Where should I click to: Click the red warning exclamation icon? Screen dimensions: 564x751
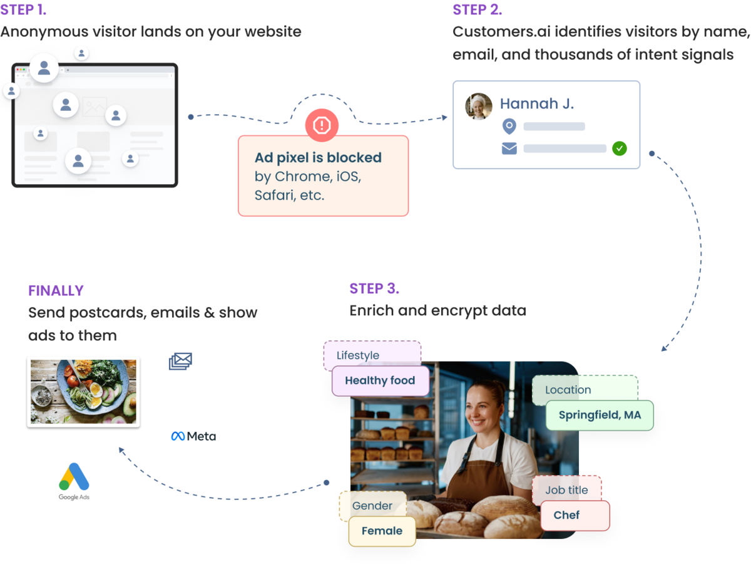(x=322, y=125)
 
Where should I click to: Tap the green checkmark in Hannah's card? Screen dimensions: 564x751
(x=619, y=149)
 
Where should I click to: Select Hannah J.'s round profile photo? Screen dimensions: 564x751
(x=479, y=107)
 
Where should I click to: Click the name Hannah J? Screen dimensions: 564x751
(x=536, y=103)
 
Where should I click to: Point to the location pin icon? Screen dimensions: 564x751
(x=509, y=127)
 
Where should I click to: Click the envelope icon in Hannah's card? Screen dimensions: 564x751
(x=509, y=149)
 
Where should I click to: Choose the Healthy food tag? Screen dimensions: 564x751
(x=380, y=380)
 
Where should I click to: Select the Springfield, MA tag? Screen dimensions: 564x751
(x=600, y=415)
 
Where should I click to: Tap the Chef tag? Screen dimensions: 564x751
(x=567, y=515)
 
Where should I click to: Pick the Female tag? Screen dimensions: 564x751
(x=382, y=531)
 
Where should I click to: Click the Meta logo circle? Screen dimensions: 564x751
(x=193, y=436)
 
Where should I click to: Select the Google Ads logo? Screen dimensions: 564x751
(x=74, y=481)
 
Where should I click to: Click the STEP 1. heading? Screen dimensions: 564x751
(x=24, y=10)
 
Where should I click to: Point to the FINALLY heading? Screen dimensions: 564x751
(x=56, y=290)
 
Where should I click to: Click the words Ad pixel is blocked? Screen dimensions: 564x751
(x=318, y=157)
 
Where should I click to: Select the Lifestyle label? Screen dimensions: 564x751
(x=358, y=355)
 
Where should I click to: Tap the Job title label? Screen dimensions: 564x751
(x=566, y=490)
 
